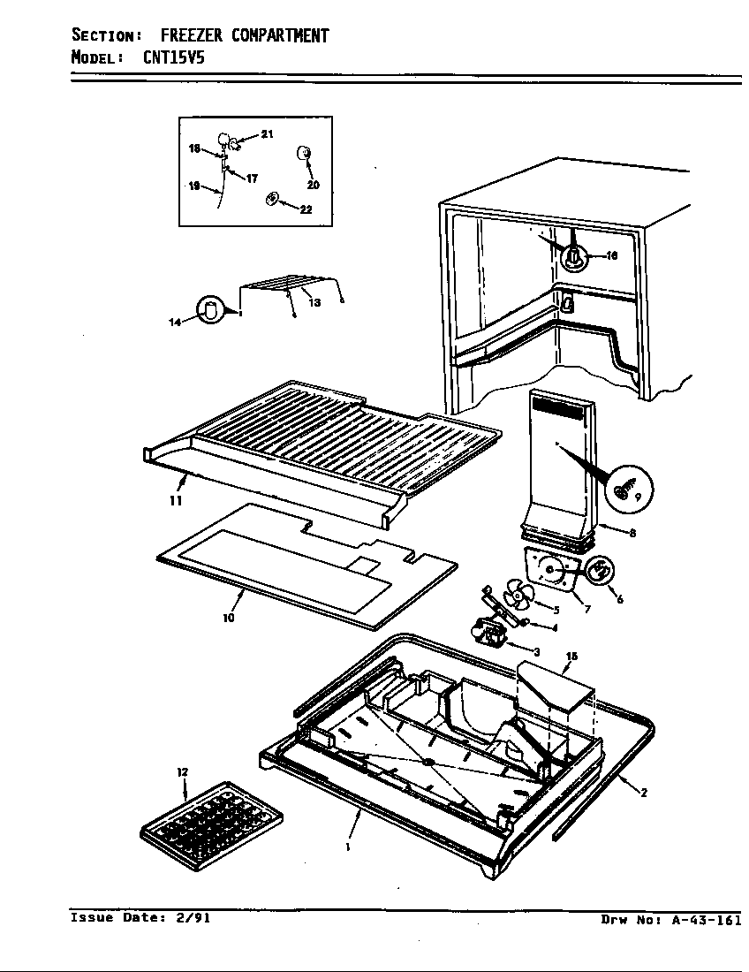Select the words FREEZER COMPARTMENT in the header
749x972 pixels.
245,35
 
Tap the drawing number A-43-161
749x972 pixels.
706,920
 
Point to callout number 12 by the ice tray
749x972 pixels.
183,773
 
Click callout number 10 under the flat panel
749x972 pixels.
229,619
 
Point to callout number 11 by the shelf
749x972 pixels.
176,500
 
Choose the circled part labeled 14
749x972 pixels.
211,310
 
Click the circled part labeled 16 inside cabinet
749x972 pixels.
573,257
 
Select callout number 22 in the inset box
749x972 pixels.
306,209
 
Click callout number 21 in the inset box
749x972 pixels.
267,133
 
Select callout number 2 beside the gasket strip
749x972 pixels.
644,793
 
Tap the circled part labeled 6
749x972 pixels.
600,570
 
